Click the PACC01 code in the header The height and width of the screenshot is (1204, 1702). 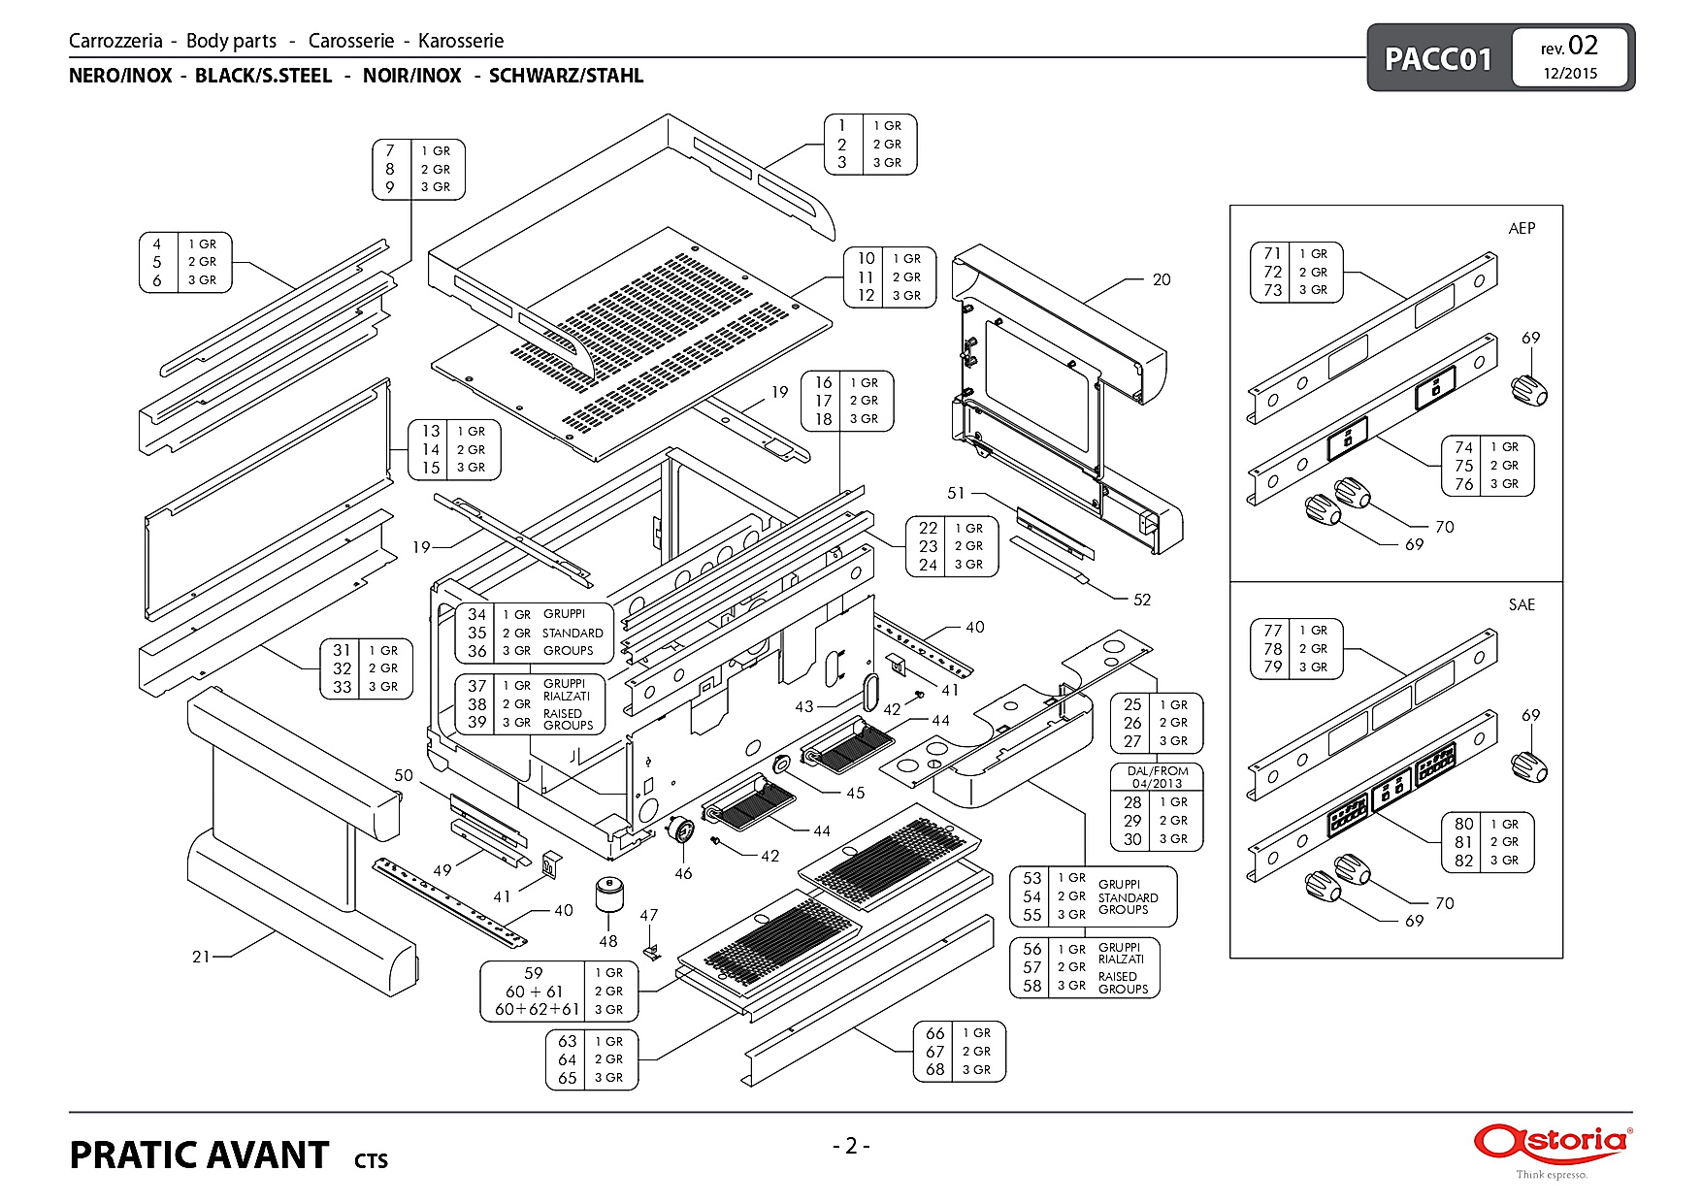pyautogui.click(x=1437, y=58)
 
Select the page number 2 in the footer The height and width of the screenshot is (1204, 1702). pyautogui.click(x=851, y=1146)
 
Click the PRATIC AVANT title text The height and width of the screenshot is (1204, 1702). pyautogui.click(x=199, y=1155)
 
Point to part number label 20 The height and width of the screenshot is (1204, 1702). pyautogui.click(x=1162, y=279)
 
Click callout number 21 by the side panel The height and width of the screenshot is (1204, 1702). pyautogui.click(x=201, y=957)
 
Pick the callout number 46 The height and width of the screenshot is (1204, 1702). pyautogui.click(x=683, y=873)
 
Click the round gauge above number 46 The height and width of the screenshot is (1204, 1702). pyautogui.click(x=683, y=831)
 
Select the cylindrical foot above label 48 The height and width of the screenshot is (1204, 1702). pyautogui.click(x=608, y=895)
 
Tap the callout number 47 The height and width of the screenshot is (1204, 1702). pyautogui.click(x=649, y=915)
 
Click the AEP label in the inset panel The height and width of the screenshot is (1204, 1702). pyautogui.click(x=1522, y=228)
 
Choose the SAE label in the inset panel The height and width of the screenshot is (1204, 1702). pyautogui.click(x=1522, y=604)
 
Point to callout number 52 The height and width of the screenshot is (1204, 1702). pyautogui.click(x=1142, y=600)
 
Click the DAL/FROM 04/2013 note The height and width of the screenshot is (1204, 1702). pyautogui.click(x=1158, y=777)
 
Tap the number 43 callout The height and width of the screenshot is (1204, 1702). pyautogui.click(x=804, y=706)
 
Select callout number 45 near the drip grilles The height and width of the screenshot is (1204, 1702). pyautogui.click(x=855, y=793)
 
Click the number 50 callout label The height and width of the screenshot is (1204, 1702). pyautogui.click(x=404, y=775)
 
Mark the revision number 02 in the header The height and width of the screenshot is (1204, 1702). pyautogui.click(x=1583, y=46)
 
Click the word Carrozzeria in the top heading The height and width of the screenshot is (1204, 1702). pyautogui.click(x=115, y=41)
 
